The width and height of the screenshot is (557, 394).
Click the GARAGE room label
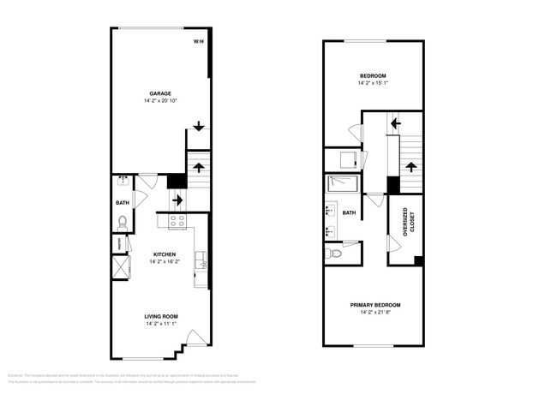pos(160,93)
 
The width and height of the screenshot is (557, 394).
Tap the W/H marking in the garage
pos(198,41)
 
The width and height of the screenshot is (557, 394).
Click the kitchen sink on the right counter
pos(200,260)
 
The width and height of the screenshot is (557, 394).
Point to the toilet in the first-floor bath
pos(123,223)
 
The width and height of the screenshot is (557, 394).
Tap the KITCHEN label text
pos(165,254)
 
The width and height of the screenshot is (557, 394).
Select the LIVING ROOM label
pos(160,316)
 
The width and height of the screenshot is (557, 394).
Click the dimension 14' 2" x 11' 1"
pos(160,324)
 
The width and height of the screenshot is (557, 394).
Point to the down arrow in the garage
pos(198,127)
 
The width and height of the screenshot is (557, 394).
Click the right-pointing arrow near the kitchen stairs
pos(177,200)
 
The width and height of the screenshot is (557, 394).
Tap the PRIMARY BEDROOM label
pos(374,305)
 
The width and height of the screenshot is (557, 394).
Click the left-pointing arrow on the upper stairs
pos(395,123)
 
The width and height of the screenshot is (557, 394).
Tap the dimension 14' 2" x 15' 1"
pos(374,83)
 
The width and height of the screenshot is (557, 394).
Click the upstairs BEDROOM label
pos(374,75)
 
